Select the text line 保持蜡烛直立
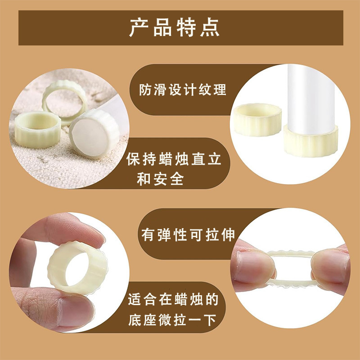(174, 160)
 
